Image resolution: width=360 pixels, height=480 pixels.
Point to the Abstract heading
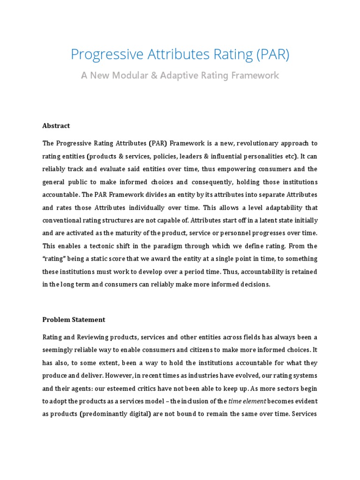click(x=56, y=126)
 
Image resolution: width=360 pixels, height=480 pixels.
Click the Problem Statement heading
click(x=74, y=320)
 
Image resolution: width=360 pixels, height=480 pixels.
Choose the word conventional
click(x=64, y=220)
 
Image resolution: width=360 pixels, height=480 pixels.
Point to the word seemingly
click(x=60, y=350)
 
